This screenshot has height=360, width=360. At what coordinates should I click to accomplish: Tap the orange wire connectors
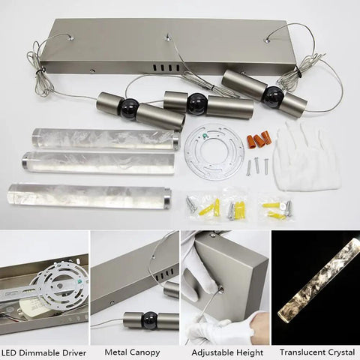(x=258, y=139)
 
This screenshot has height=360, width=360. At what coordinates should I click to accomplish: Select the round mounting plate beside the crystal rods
(x=214, y=151)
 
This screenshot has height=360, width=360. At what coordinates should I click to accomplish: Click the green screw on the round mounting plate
(x=205, y=136)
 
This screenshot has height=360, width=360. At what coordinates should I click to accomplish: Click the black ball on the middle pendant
(x=196, y=103)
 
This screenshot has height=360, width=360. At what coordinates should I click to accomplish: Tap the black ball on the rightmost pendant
(x=273, y=95)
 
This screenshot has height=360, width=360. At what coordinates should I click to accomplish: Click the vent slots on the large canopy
(x=166, y=67)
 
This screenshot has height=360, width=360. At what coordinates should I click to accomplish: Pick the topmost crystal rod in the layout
(x=106, y=139)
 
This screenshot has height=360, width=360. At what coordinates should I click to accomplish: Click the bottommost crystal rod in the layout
(x=89, y=196)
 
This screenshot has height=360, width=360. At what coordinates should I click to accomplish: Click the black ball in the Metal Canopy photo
(x=149, y=320)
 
